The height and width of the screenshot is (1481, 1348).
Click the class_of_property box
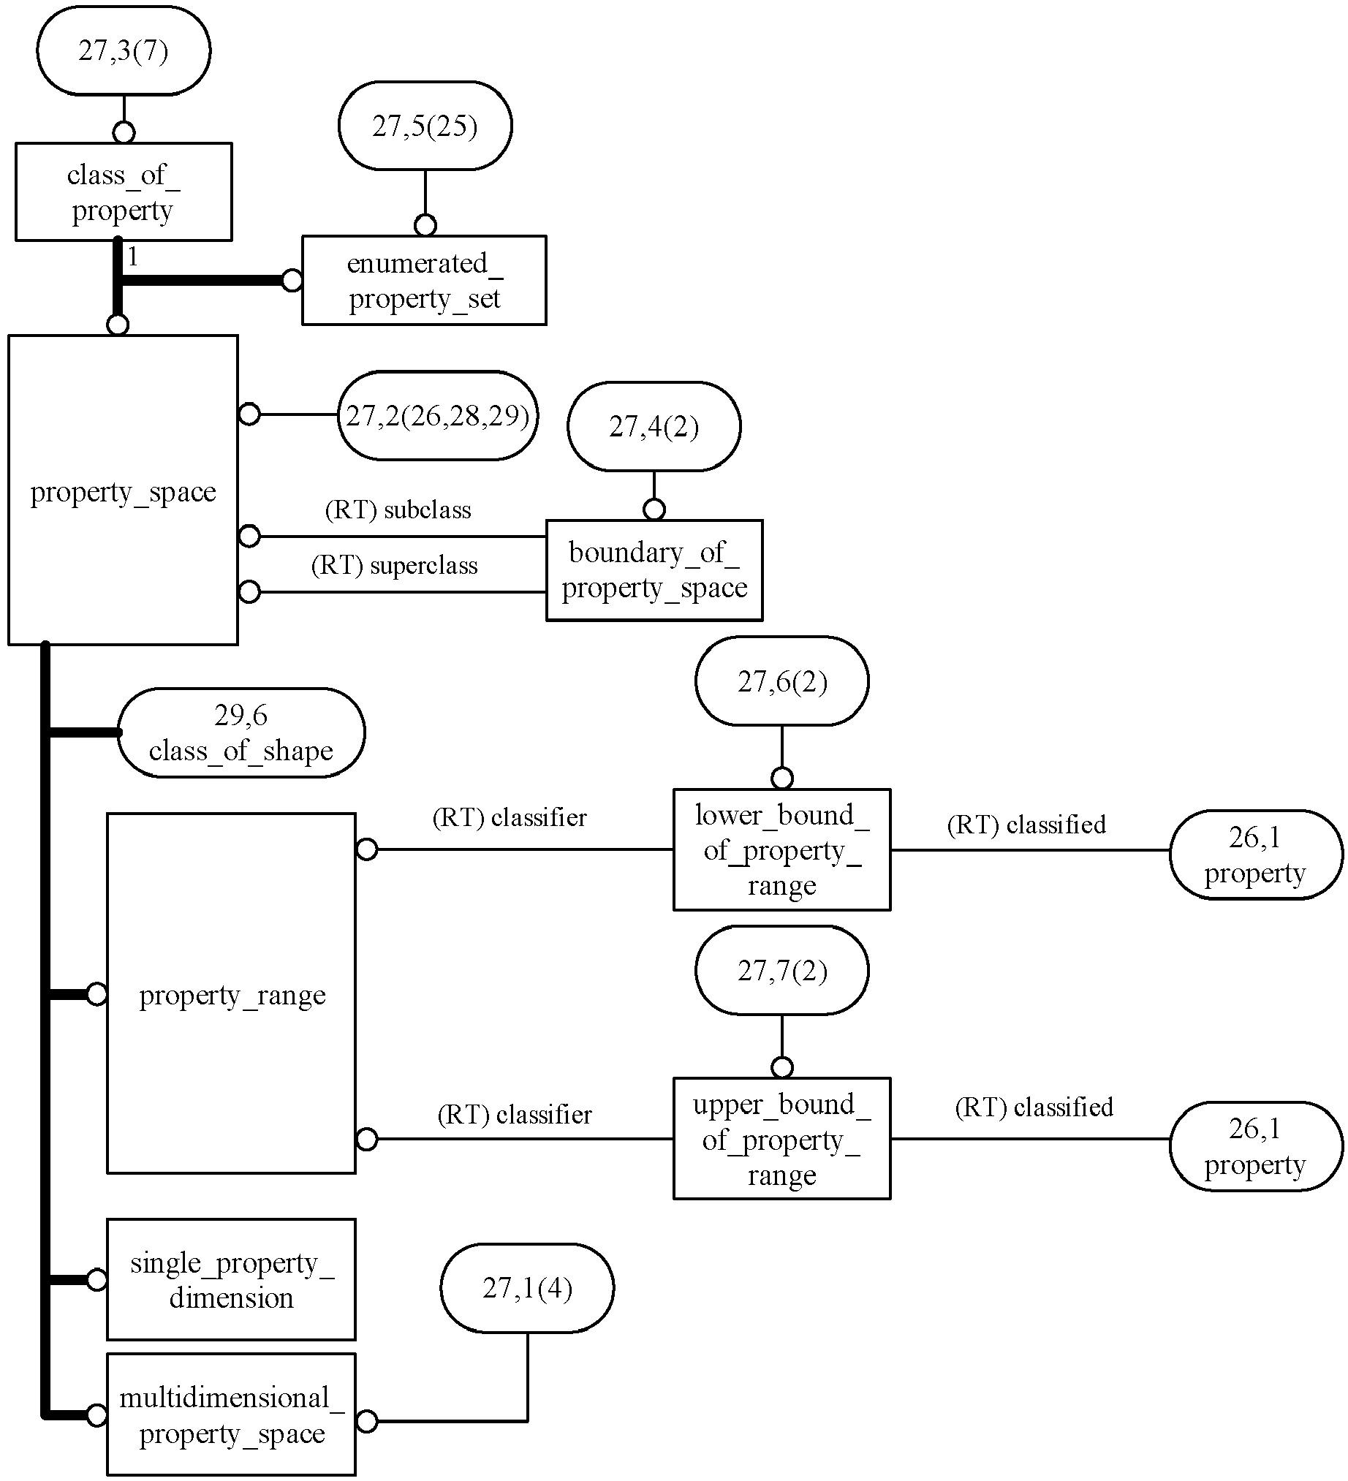[124, 192]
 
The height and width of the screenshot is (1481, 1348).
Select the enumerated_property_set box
[424, 280]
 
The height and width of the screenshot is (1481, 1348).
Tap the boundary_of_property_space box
[654, 570]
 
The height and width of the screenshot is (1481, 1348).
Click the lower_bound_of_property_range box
[781, 850]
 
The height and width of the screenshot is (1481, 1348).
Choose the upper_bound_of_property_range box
[781, 1139]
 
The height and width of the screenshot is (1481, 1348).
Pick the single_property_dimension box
[231, 1280]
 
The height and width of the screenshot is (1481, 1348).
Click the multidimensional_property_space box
[231, 1414]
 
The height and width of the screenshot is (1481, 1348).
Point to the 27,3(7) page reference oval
[124, 50]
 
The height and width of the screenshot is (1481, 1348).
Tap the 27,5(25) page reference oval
[425, 126]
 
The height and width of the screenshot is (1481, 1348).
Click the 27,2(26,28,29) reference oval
[438, 416]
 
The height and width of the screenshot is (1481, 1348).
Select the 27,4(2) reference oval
[654, 426]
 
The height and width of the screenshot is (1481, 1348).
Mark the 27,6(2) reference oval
[781, 681]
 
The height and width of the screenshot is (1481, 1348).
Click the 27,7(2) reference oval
[781, 970]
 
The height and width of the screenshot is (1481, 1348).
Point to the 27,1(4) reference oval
[527, 1288]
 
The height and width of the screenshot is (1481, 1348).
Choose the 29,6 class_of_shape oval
[241, 732]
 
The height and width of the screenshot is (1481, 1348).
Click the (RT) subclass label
[398, 510]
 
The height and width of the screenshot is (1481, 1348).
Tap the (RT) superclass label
[395, 565]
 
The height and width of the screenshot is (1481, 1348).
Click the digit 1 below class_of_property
[133, 257]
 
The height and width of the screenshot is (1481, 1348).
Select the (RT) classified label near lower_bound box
[1026, 825]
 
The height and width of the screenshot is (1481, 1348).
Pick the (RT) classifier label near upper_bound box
[514, 1115]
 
